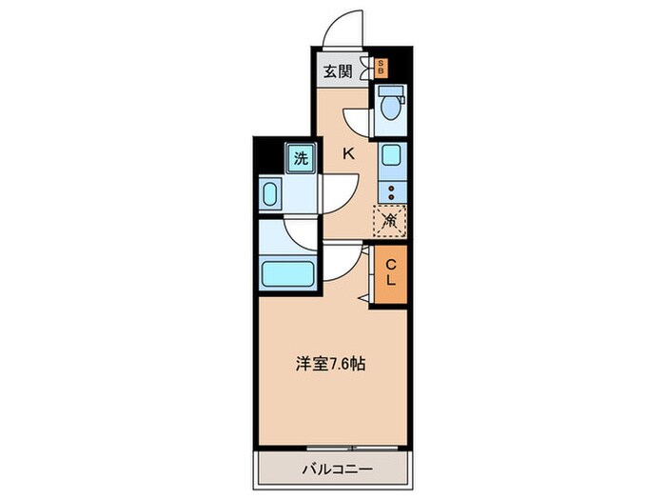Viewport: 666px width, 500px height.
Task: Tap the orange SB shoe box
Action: click(x=382, y=68)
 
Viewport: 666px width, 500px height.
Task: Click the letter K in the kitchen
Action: click(x=348, y=153)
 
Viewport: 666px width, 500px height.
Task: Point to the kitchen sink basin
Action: click(x=391, y=155)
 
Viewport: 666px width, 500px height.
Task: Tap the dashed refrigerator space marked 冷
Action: click(x=390, y=221)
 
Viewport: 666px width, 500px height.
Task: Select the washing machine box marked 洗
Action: click(x=300, y=159)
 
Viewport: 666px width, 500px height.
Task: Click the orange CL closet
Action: click(x=390, y=274)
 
